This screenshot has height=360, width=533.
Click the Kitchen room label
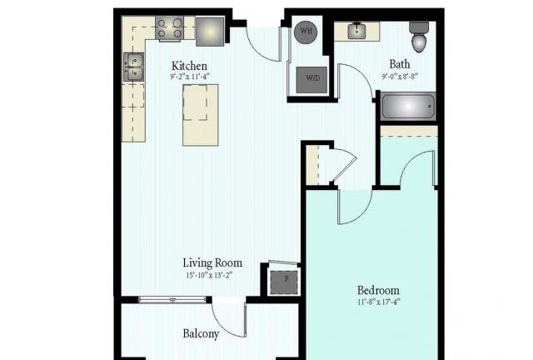[189, 65]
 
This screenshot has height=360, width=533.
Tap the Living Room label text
[212, 262]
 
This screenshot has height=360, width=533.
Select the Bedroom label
[378, 290]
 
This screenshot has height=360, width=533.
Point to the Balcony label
[201, 333]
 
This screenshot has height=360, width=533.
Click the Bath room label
[400, 64]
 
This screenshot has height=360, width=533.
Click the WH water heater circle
[306, 32]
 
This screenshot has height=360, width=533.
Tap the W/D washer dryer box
[311, 80]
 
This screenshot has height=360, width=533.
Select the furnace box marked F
[284, 282]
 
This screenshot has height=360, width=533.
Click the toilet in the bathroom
[419, 37]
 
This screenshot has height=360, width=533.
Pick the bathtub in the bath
[408, 107]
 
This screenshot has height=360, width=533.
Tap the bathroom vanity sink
[357, 32]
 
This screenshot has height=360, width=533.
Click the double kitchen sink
[133, 67]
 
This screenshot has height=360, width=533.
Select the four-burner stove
[170, 28]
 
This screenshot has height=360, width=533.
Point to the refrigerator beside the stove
[210, 32]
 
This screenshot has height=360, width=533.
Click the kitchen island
[200, 115]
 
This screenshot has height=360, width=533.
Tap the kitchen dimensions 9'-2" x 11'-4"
[190, 77]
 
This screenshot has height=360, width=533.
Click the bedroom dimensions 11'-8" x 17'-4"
[379, 302]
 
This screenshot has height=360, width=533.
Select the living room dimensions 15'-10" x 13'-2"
[209, 275]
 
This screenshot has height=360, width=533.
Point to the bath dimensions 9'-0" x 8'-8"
[400, 76]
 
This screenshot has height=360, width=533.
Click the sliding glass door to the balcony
[172, 300]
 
